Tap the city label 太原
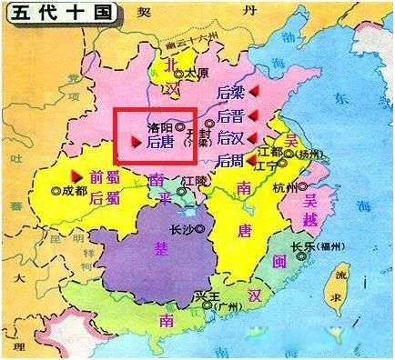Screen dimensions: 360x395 pyautogui.click(x=196, y=73)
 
